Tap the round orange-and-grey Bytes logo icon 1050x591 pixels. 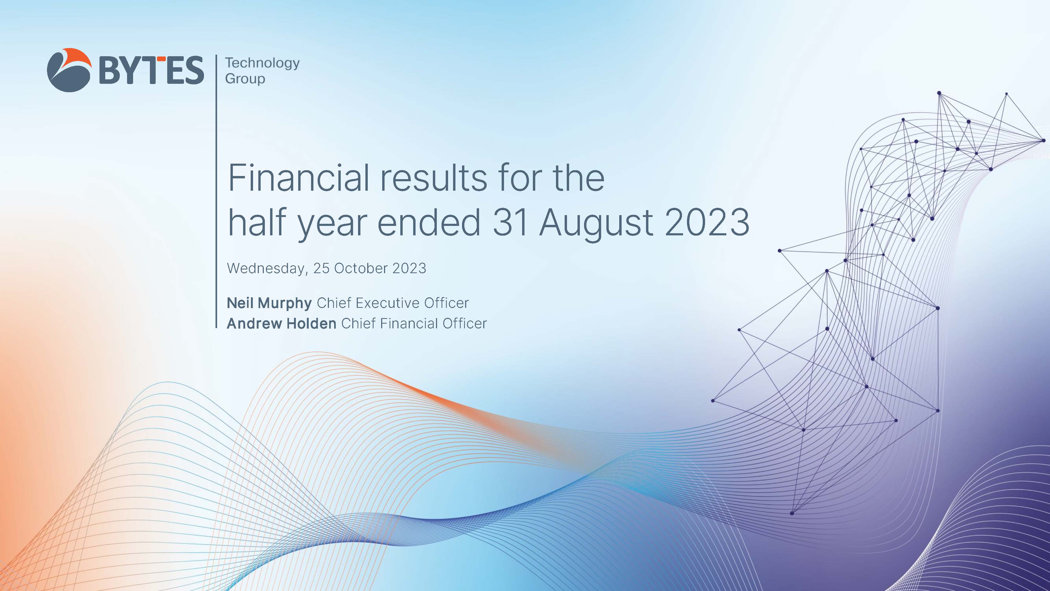click(69, 70)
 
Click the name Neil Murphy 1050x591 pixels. click(269, 303)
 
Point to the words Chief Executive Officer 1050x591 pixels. click(392, 303)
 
